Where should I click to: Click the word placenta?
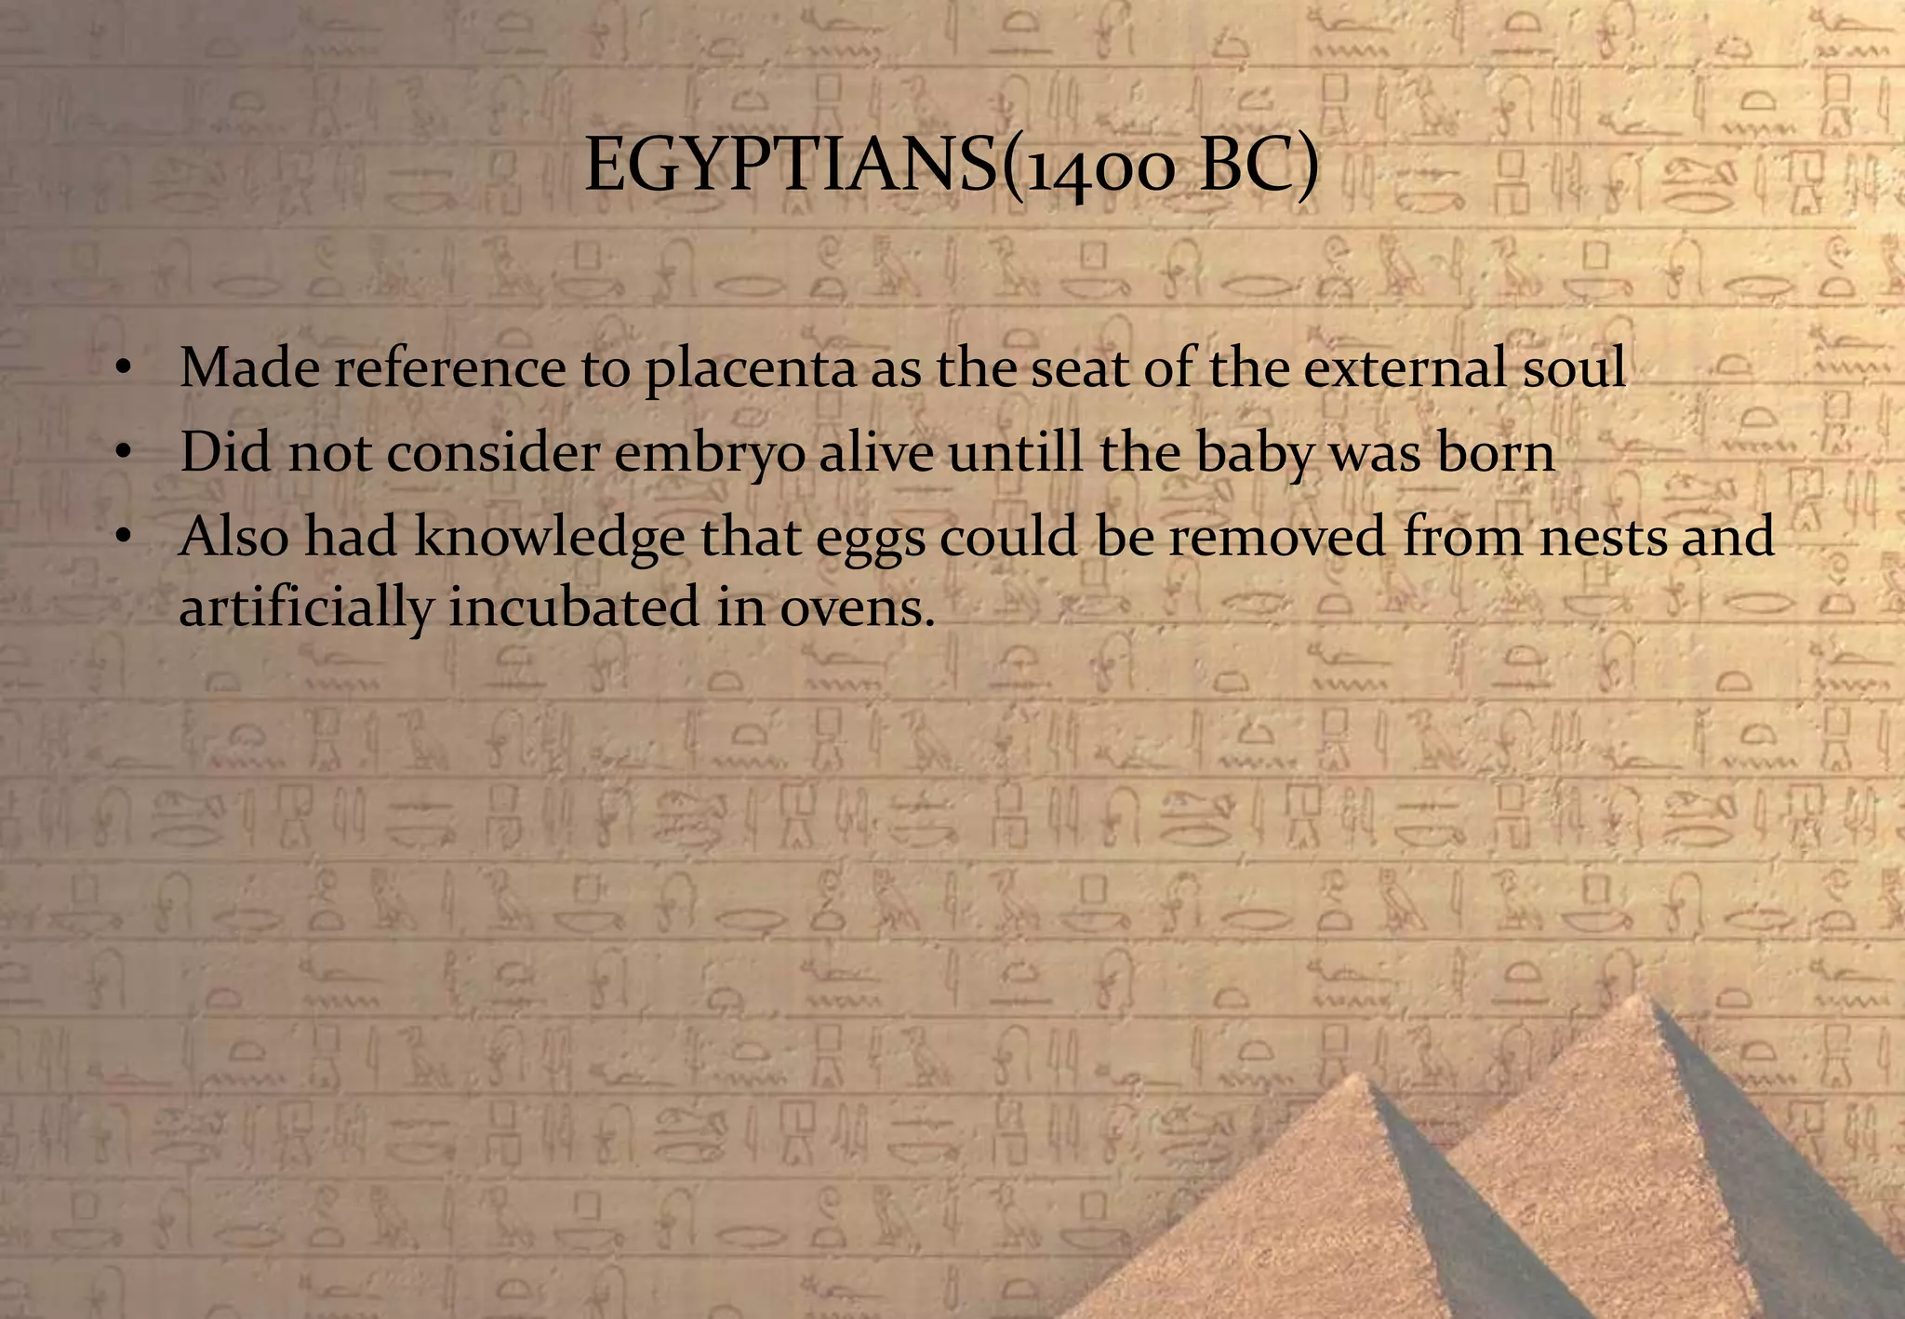750,368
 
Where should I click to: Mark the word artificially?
306,608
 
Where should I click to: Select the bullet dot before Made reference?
121,370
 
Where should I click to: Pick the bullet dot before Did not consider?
121,455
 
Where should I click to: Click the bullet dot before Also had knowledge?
121,540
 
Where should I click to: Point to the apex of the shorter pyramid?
1360,1076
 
